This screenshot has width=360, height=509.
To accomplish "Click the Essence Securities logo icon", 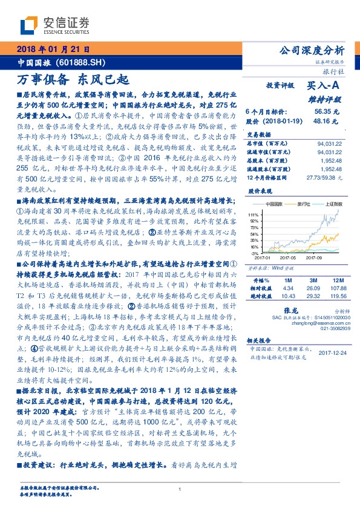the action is coord(30,25).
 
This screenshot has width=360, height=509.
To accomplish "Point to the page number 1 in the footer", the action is coord(180,489).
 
